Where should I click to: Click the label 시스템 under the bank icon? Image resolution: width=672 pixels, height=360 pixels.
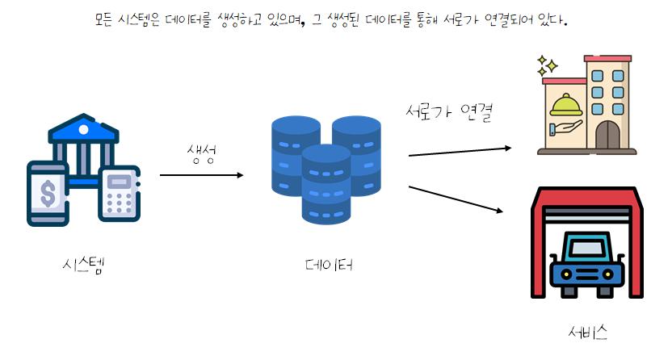coord(82,265)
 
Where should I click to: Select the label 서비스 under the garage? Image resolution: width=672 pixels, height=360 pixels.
coord(587,332)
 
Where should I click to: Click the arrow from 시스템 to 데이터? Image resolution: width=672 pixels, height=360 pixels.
coord(201,174)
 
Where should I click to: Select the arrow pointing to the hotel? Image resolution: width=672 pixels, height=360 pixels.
coord(460,151)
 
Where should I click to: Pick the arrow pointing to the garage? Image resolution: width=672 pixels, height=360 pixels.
coord(456,199)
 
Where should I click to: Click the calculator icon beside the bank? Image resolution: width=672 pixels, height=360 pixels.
coord(119,194)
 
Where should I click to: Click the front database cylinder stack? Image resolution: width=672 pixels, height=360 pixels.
coord(325,186)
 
